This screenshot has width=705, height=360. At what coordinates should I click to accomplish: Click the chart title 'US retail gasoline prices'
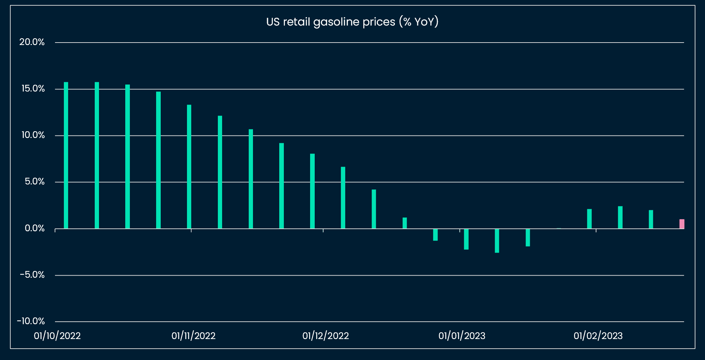pos(330,22)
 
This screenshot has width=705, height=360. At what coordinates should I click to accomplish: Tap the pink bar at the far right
pos(682,224)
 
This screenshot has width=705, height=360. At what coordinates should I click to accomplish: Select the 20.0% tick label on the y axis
pos(32,42)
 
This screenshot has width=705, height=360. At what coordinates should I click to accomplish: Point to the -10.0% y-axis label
pos(31,321)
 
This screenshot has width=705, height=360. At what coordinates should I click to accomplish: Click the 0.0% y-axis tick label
pos(34,228)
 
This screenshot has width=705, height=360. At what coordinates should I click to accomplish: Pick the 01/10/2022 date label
pos(57,336)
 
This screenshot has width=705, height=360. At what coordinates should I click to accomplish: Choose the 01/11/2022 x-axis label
pos(193,336)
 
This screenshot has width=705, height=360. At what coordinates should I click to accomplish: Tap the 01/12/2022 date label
pos(325,336)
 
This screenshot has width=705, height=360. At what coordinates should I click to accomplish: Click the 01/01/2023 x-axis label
pos(462,336)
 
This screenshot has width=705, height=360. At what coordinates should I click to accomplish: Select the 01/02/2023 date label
pos(598,336)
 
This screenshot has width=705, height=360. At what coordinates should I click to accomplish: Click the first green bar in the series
pos(66,155)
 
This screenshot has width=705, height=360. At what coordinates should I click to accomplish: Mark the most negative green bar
pos(497,240)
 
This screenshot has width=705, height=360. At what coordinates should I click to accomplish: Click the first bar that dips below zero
pos(435,234)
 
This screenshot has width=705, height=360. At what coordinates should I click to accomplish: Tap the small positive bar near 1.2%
pos(404,223)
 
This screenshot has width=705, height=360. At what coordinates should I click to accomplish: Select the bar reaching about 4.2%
pos(374,209)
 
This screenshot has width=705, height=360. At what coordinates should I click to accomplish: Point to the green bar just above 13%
pos(189,167)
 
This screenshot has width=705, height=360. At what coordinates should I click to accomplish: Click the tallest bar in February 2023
pos(620,217)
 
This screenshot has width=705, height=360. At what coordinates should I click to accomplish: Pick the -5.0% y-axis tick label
pos(32,275)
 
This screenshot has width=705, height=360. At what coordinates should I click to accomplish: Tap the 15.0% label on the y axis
pos(33,89)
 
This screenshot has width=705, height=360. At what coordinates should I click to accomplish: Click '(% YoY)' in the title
pos(419,22)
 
